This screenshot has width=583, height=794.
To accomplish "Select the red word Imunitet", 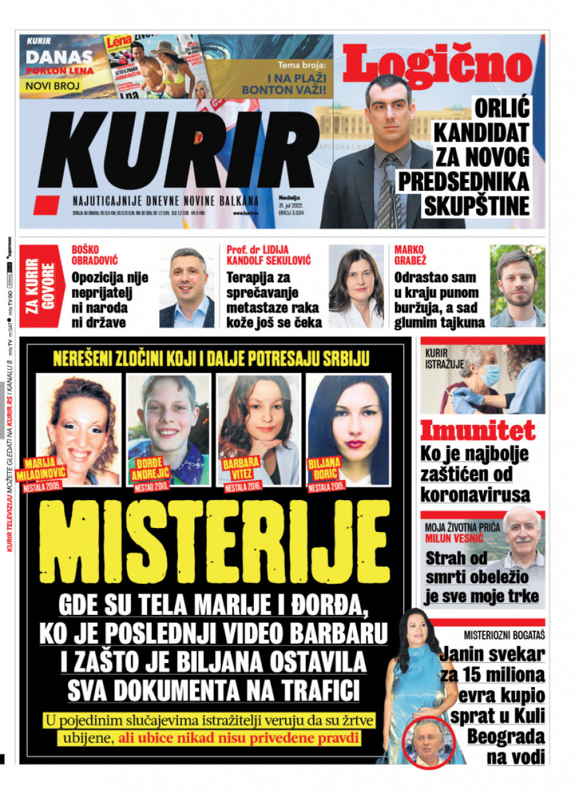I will (477, 431).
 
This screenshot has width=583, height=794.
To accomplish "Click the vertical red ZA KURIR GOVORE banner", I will (33, 286).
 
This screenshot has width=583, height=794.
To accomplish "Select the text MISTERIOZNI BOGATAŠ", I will (503, 635).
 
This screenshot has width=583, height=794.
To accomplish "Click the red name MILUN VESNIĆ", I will (456, 538).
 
